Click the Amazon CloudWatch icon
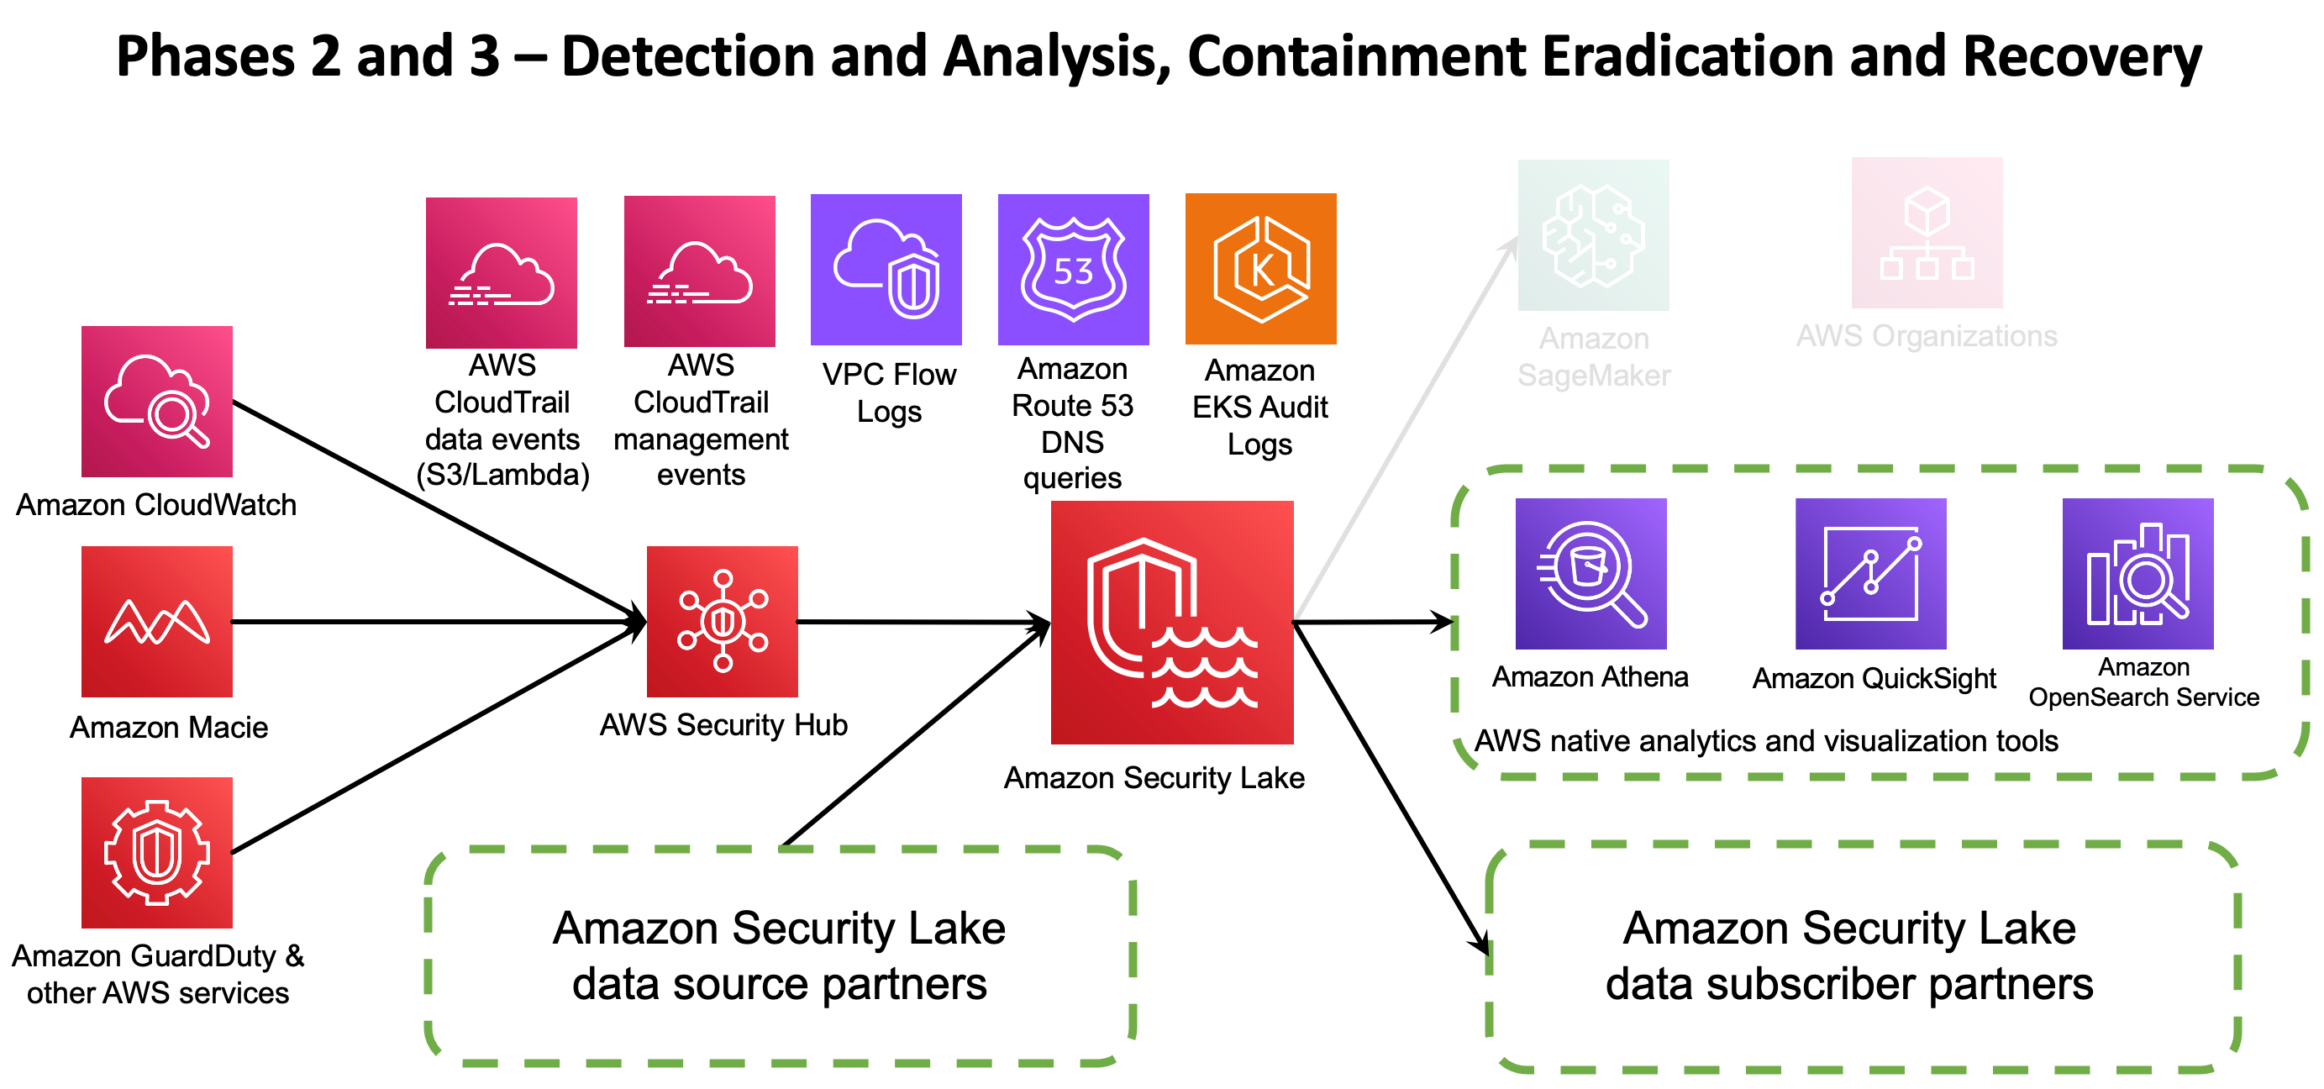pyautogui.click(x=157, y=402)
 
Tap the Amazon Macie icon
pyautogui.click(x=157, y=622)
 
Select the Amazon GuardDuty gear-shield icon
pyautogui.click(x=157, y=853)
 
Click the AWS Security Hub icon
pyautogui.click(x=722, y=622)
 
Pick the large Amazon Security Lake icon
pyautogui.click(x=1172, y=623)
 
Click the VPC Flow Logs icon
pyautogui.click(x=886, y=270)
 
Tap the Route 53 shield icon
pyautogui.click(x=1074, y=270)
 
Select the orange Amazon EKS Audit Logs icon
pyautogui.click(x=1260, y=269)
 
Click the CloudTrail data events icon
pyautogui.click(x=502, y=272)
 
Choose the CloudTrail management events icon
pyautogui.click(x=699, y=271)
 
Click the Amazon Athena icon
pyautogui.click(x=1591, y=574)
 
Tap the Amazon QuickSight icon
pyautogui.click(x=1870, y=574)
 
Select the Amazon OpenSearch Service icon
pyautogui.click(x=2137, y=574)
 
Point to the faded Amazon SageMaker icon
pyautogui.click(x=1593, y=235)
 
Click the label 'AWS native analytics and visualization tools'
pyautogui.click(x=1765, y=741)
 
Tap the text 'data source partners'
pyautogui.click(x=779, y=983)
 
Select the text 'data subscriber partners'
pyautogui.click(x=1848, y=983)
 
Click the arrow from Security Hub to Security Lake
pyautogui.click(x=920, y=622)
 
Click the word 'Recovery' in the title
pyautogui.click(x=2081, y=56)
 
